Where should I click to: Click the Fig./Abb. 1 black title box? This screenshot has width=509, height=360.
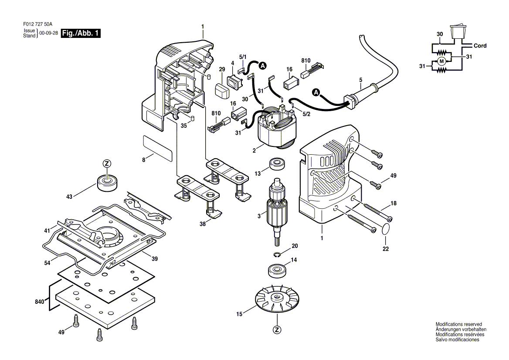tap(81, 34)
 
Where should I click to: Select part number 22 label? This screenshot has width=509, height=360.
tap(385, 249)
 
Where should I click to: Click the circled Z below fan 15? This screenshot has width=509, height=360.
tap(276, 330)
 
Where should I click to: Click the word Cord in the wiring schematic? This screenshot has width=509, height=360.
tap(480, 46)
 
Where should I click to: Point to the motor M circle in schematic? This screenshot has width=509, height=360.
tap(441, 61)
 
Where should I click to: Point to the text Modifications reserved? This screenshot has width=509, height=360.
tap(458, 325)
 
